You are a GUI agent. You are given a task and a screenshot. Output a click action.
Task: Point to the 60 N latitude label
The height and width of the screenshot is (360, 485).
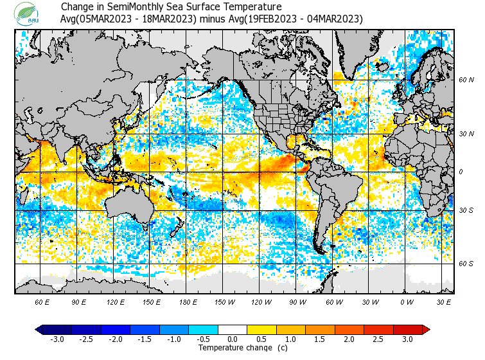[466, 80]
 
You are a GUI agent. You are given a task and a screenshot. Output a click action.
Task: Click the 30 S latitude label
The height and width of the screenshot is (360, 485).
[466, 210]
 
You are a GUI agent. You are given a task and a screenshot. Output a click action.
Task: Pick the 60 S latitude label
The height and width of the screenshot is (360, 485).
[466, 264]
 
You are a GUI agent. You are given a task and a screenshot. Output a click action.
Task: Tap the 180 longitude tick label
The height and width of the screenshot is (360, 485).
[188, 301]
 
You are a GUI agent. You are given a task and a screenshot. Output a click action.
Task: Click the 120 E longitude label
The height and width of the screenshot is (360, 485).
[116, 301]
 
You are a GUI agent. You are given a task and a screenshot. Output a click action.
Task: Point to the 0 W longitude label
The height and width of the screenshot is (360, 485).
[405, 301]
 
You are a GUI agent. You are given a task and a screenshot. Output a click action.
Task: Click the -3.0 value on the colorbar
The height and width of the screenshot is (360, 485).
[57, 339]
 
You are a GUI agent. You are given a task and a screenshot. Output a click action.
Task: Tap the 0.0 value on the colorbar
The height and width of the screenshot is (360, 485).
[233, 339]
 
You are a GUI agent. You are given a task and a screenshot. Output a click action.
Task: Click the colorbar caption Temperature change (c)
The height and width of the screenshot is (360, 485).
[233, 348]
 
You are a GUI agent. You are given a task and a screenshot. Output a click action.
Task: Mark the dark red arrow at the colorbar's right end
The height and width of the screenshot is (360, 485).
[425, 330]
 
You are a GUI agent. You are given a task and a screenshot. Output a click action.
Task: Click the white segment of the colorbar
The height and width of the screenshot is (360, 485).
[233, 330]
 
